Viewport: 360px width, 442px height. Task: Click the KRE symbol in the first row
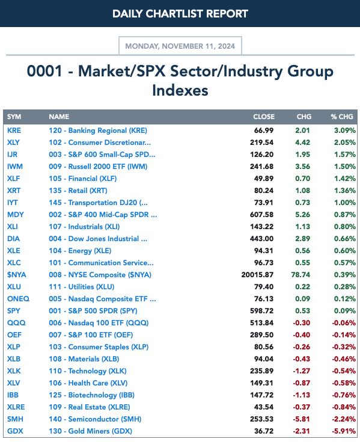14,130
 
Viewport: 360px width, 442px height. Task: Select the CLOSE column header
264,117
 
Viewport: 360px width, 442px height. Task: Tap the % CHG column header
342,117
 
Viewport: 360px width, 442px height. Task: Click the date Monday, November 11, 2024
180,46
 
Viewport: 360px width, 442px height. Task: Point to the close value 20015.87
257,275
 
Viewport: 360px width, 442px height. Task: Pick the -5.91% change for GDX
344,431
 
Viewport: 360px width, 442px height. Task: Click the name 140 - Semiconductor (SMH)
95,419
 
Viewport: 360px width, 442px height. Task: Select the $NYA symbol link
17,275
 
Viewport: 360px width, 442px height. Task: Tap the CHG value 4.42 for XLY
302,143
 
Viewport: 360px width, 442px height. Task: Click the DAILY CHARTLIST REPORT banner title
180,13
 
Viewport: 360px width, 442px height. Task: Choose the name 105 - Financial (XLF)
82,179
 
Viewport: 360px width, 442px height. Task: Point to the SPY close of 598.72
261,311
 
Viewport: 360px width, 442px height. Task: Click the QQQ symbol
16,323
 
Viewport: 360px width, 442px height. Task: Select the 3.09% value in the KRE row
345,130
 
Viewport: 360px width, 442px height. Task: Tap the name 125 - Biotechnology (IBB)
91,395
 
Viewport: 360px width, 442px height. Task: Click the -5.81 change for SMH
302,419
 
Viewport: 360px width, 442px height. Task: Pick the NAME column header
59,117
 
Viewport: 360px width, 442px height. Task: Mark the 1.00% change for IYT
345,203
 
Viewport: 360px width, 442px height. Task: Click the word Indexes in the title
180,90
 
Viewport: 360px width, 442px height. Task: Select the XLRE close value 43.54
264,407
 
